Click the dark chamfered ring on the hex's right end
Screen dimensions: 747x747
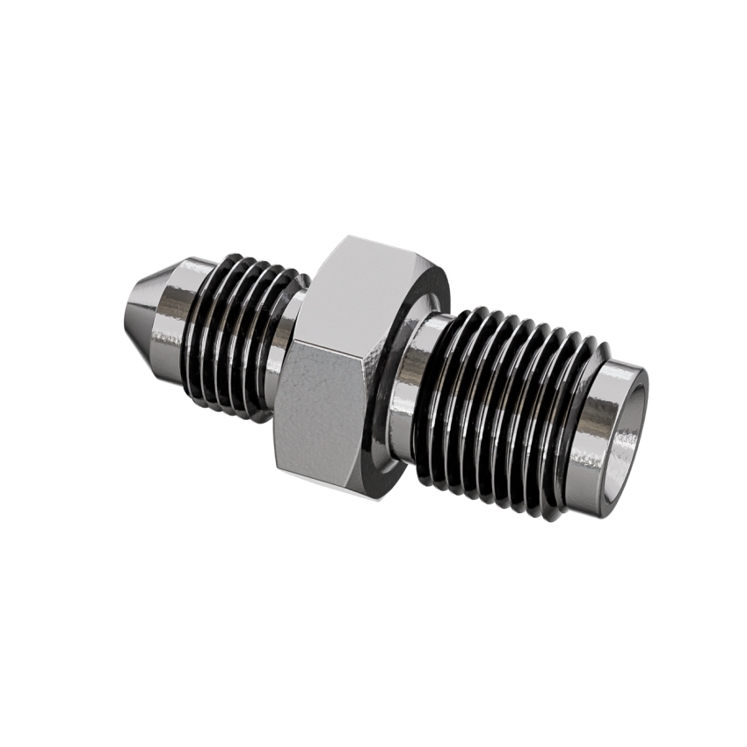coord(404,352)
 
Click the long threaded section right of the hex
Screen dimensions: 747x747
coord(510,404)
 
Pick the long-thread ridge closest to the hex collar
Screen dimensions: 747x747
coord(457,387)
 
